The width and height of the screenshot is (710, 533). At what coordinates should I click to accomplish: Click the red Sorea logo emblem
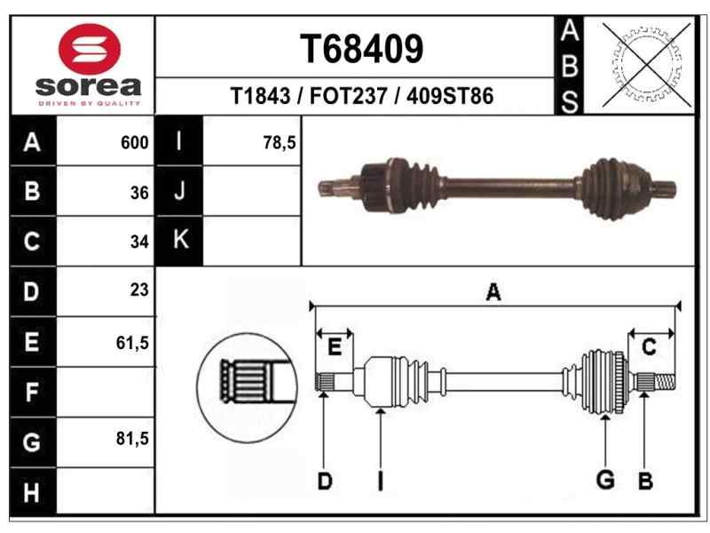pyautogui.click(x=88, y=50)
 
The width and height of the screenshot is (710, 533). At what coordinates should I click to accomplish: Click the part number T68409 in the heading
pyautogui.click(x=362, y=50)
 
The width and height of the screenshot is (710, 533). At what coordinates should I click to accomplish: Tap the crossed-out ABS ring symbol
pyautogui.click(x=647, y=64)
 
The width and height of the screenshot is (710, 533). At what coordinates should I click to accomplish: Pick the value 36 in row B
pyautogui.click(x=138, y=191)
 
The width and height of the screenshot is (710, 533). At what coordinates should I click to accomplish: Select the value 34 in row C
pyautogui.click(x=138, y=241)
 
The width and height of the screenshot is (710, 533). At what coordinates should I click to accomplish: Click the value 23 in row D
pyautogui.click(x=138, y=290)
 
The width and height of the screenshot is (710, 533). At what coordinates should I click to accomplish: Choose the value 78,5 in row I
pyautogui.click(x=280, y=141)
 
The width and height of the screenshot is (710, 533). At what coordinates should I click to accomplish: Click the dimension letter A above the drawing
pyautogui.click(x=493, y=292)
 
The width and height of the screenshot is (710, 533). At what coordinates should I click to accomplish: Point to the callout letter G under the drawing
pyautogui.click(x=605, y=481)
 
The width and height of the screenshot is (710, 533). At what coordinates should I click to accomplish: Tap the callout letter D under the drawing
pyautogui.click(x=325, y=481)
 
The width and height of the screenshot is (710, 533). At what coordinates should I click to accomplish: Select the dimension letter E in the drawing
pyautogui.click(x=335, y=348)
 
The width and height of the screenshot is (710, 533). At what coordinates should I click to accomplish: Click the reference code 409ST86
pyautogui.click(x=449, y=97)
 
